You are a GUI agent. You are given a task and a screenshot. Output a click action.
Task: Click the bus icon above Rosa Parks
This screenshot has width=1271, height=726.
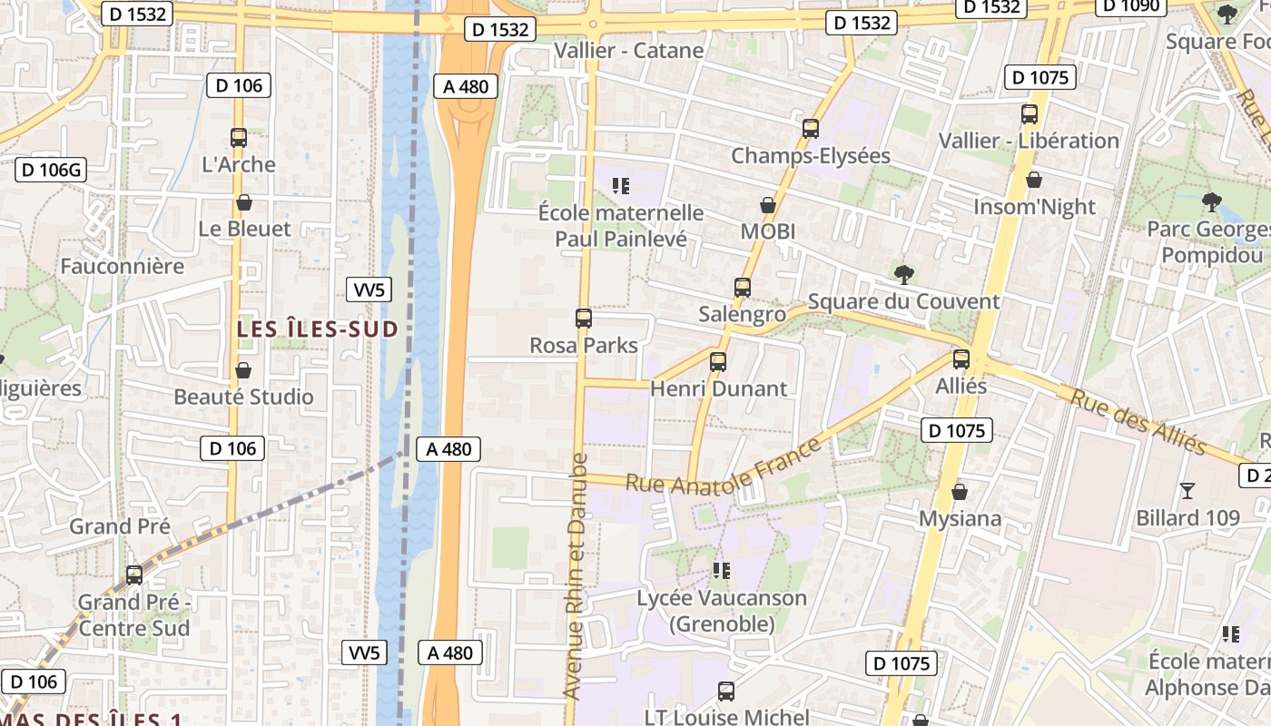584,319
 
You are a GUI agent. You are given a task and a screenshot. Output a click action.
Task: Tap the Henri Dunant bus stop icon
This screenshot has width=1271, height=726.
718,361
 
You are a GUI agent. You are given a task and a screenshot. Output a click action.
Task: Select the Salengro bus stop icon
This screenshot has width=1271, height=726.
743,288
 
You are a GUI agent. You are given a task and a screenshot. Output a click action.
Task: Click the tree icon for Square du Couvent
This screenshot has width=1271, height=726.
903,274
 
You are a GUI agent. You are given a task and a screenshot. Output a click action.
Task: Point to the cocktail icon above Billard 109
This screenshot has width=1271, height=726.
1187,491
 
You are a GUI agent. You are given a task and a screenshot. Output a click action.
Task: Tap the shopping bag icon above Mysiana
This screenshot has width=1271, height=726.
960,492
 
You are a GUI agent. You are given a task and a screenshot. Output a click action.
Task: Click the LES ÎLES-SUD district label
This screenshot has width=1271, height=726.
318,329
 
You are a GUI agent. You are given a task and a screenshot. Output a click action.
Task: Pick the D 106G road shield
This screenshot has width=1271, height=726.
51,170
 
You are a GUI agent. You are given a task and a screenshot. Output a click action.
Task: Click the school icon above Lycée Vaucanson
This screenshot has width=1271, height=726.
722,571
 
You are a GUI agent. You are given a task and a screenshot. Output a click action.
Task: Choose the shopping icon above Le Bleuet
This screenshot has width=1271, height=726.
244,202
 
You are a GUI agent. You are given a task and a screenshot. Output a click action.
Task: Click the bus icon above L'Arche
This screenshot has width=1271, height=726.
239,138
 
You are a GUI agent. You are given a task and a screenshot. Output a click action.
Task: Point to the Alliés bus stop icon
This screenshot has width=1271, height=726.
961,359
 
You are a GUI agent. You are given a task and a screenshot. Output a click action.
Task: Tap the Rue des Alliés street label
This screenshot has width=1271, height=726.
1138,422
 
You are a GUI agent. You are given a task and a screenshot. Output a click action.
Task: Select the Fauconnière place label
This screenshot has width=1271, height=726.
122,266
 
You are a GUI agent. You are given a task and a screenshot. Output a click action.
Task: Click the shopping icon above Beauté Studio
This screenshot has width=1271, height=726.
243,370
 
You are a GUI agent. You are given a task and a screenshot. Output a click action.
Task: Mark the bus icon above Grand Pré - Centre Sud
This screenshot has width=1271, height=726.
134,574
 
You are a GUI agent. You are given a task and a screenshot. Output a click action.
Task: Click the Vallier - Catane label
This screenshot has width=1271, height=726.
628,50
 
